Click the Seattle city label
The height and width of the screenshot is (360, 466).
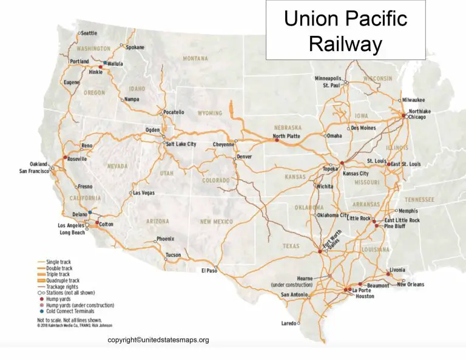[89, 33]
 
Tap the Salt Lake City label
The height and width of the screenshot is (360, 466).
[181, 144]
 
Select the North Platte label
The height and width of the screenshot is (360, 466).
[287, 137]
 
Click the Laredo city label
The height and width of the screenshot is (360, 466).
[289, 324]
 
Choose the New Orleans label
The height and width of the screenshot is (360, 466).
[411, 284]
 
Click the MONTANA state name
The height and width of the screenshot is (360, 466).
[195, 58]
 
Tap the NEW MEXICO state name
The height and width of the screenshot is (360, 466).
[216, 222]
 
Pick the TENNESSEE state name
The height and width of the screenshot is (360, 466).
[420, 199]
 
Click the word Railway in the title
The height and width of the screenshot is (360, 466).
[345, 44]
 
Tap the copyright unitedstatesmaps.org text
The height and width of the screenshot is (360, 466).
[158, 340]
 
